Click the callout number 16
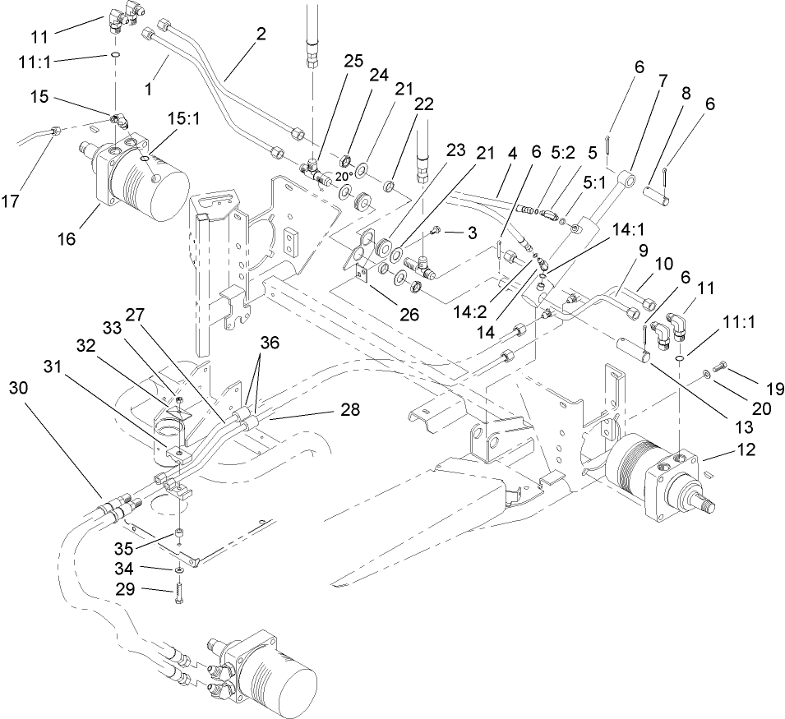[x=67, y=239]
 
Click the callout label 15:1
[x=184, y=119]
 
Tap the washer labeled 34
[x=179, y=569]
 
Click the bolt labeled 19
[x=718, y=366]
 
